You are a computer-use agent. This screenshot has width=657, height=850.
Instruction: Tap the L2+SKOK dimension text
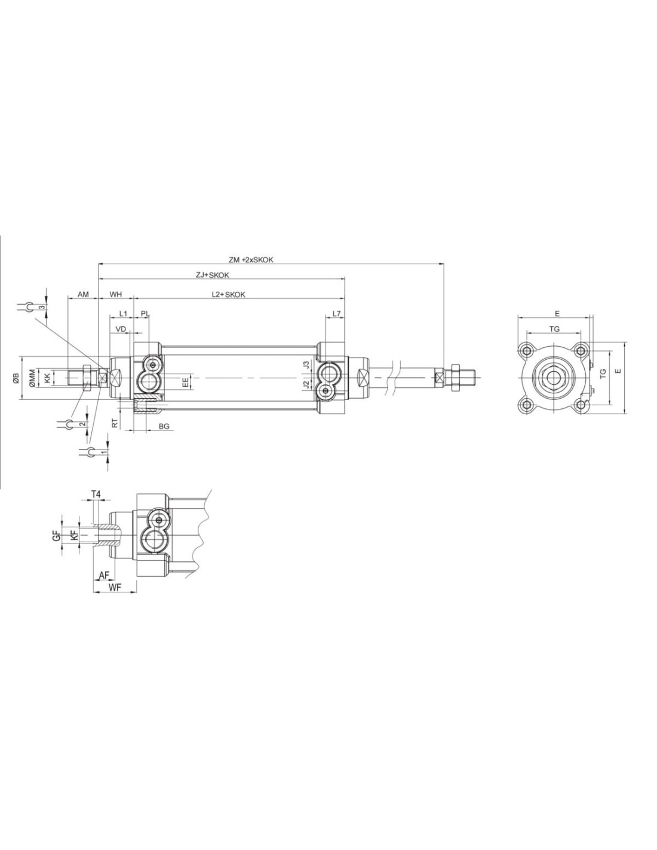[228, 295]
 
